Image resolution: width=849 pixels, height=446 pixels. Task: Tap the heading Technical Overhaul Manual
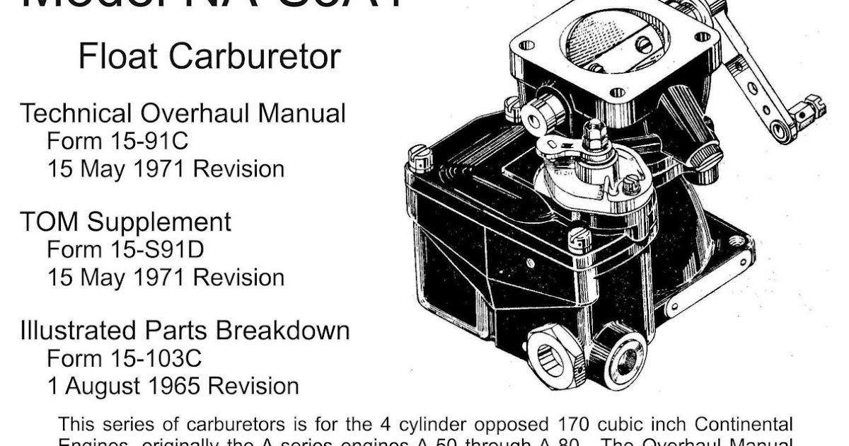183,113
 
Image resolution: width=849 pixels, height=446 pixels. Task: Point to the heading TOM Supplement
125,222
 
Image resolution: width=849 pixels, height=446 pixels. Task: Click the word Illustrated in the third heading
78,331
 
